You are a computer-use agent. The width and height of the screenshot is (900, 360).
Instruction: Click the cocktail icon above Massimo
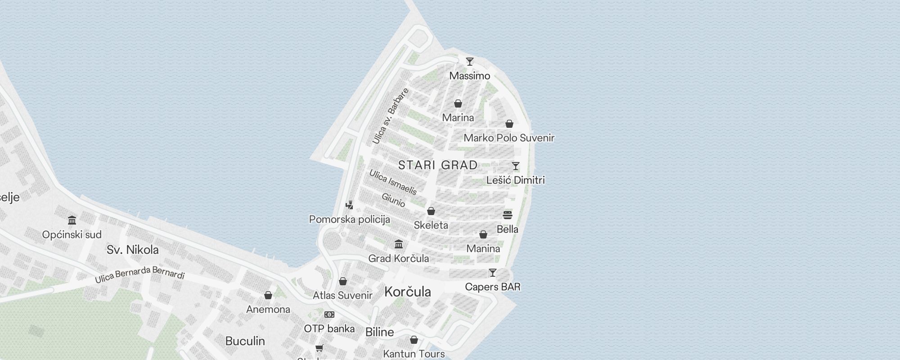click(470, 62)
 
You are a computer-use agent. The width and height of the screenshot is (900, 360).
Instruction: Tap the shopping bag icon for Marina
click(458, 104)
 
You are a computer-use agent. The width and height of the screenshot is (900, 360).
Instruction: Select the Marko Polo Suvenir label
click(509, 138)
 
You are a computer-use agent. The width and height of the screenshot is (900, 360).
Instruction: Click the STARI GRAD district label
click(438, 165)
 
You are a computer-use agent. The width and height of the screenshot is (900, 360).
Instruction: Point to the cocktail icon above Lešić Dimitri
click(516, 166)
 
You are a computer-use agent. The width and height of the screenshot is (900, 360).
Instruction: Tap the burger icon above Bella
click(508, 215)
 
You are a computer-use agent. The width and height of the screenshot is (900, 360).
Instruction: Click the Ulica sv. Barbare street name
click(391, 116)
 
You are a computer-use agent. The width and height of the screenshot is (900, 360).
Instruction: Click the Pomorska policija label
click(350, 220)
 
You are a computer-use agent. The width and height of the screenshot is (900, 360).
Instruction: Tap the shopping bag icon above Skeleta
click(431, 211)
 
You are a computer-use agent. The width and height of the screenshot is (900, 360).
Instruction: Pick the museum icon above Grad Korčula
click(399, 244)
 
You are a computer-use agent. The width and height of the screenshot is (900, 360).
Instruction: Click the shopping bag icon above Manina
click(483, 234)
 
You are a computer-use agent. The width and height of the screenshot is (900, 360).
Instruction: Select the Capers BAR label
click(493, 287)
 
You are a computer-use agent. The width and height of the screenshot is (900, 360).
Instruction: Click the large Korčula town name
click(408, 292)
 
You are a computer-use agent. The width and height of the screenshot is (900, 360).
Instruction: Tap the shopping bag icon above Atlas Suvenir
click(343, 281)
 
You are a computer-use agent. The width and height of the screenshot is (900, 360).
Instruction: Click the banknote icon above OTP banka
click(329, 315)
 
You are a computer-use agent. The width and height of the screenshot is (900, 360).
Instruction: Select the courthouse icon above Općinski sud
click(72, 220)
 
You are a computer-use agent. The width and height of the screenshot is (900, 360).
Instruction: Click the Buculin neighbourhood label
click(245, 341)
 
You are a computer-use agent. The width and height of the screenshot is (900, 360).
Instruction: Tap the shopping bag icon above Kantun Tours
click(414, 340)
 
